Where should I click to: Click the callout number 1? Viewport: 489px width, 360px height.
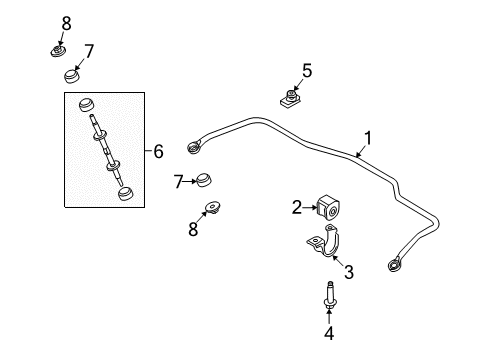click(368, 139)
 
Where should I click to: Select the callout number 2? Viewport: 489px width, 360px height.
click(297, 207)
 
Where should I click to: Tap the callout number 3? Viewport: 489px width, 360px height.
click(349, 272)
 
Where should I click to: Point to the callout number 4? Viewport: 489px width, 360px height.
click(329, 333)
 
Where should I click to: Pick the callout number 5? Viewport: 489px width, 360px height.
click(307, 71)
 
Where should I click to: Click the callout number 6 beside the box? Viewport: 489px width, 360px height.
click(158, 151)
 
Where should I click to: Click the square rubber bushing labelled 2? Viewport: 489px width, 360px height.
click(328, 208)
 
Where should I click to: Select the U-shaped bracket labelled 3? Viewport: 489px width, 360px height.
click(324, 242)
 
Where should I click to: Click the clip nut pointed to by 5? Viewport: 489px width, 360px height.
click(289, 99)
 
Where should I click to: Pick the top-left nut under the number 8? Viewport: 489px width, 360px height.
click(58, 51)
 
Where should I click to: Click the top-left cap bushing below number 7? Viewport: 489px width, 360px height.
click(72, 76)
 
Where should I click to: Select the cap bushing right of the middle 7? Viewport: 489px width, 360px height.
click(203, 180)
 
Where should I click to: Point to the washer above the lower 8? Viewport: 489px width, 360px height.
click(213, 207)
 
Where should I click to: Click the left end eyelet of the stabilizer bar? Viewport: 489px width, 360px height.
click(194, 148)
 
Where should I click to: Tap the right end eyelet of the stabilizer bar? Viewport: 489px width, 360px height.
click(395, 265)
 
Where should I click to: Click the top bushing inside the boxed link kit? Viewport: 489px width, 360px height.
click(86, 105)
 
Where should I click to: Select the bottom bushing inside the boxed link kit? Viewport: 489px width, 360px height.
click(126, 194)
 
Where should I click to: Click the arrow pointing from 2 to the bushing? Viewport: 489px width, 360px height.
click(310, 207)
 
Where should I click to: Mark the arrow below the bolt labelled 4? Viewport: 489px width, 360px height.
click(329, 317)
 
